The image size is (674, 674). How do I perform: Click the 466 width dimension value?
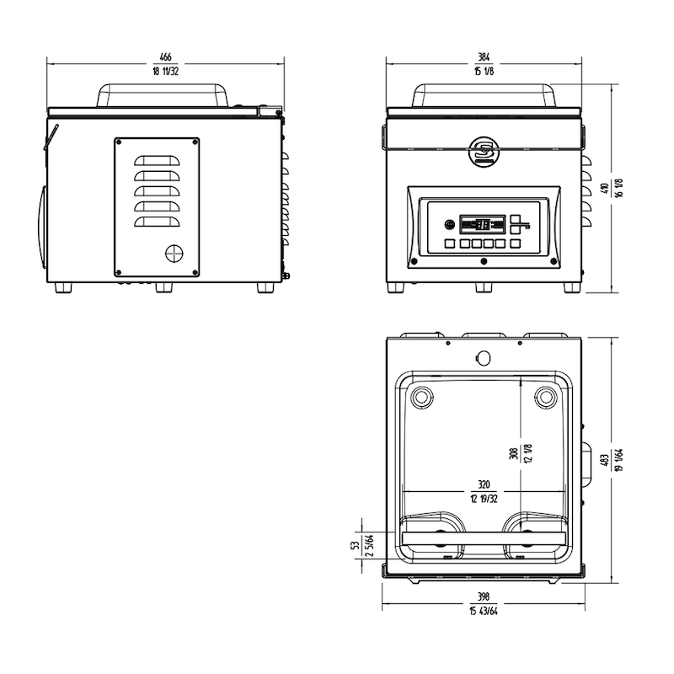pos(165,56)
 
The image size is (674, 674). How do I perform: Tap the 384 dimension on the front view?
pos(484,56)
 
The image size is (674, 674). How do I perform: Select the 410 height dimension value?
pos(605,188)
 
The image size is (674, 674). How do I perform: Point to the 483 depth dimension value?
pos(605,460)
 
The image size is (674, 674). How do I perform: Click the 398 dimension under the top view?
pos(484,596)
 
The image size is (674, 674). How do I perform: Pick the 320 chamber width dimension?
pos(484,485)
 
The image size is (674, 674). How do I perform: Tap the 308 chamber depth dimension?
pos(514,453)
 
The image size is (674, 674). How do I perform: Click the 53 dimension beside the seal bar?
pos(356,546)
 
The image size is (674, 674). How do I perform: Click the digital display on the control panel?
pos(482,224)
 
